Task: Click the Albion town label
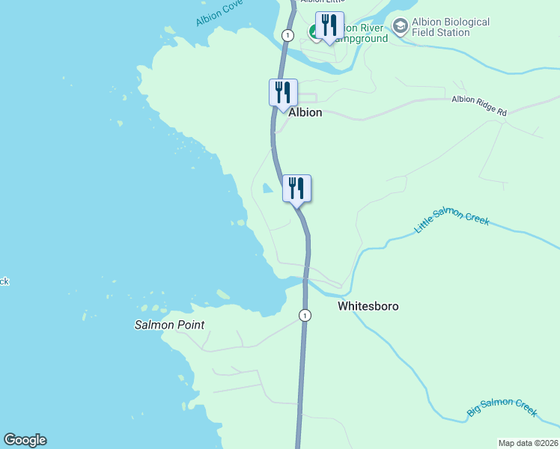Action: tap(305, 112)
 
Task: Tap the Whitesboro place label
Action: tap(368, 306)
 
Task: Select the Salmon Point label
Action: tap(169, 325)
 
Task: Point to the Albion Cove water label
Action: tap(219, 13)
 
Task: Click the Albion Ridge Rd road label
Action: tap(478, 105)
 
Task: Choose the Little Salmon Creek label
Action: tap(451, 223)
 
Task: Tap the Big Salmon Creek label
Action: tap(502, 407)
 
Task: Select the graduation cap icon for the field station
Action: tap(401, 27)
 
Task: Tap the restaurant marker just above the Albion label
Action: tap(283, 93)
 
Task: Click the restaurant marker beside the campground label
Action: tap(329, 25)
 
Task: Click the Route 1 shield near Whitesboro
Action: tap(305, 315)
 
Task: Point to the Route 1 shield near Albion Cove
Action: tap(287, 35)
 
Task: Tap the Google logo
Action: tap(25, 440)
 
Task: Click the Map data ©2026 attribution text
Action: tap(528, 443)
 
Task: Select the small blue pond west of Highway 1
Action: tap(267, 189)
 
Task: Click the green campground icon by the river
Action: tap(314, 32)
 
